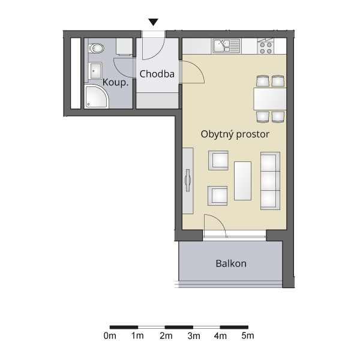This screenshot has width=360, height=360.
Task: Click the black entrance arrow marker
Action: click(x=153, y=22)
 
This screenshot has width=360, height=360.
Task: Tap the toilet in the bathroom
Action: click(x=96, y=49)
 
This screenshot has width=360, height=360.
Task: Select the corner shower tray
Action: click(x=96, y=97)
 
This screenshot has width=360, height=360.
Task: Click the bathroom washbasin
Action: click(x=95, y=71)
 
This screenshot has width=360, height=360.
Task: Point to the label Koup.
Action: click(x=115, y=82)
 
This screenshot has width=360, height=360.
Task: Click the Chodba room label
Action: click(x=157, y=74)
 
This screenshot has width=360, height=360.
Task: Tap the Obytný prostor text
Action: click(x=235, y=134)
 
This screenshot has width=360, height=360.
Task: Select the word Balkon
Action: click(x=231, y=263)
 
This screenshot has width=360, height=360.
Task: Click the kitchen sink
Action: click(x=226, y=46)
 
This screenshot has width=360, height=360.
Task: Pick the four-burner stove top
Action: click(x=266, y=46)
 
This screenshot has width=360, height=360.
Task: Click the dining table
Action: click(x=270, y=99)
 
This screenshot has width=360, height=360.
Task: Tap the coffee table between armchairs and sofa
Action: click(x=242, y=181)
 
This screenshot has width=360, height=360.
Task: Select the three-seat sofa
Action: click(x=270, y=181)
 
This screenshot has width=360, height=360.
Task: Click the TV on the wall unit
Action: click(x=188, y=180)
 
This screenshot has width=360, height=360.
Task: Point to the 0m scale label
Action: click(x=110, y=335)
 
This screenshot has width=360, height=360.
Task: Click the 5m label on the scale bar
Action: click(x=248, y=335)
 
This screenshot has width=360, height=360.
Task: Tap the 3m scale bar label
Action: click(x=194, y=335)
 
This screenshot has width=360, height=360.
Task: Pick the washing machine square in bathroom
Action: click(x=124, y=47)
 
